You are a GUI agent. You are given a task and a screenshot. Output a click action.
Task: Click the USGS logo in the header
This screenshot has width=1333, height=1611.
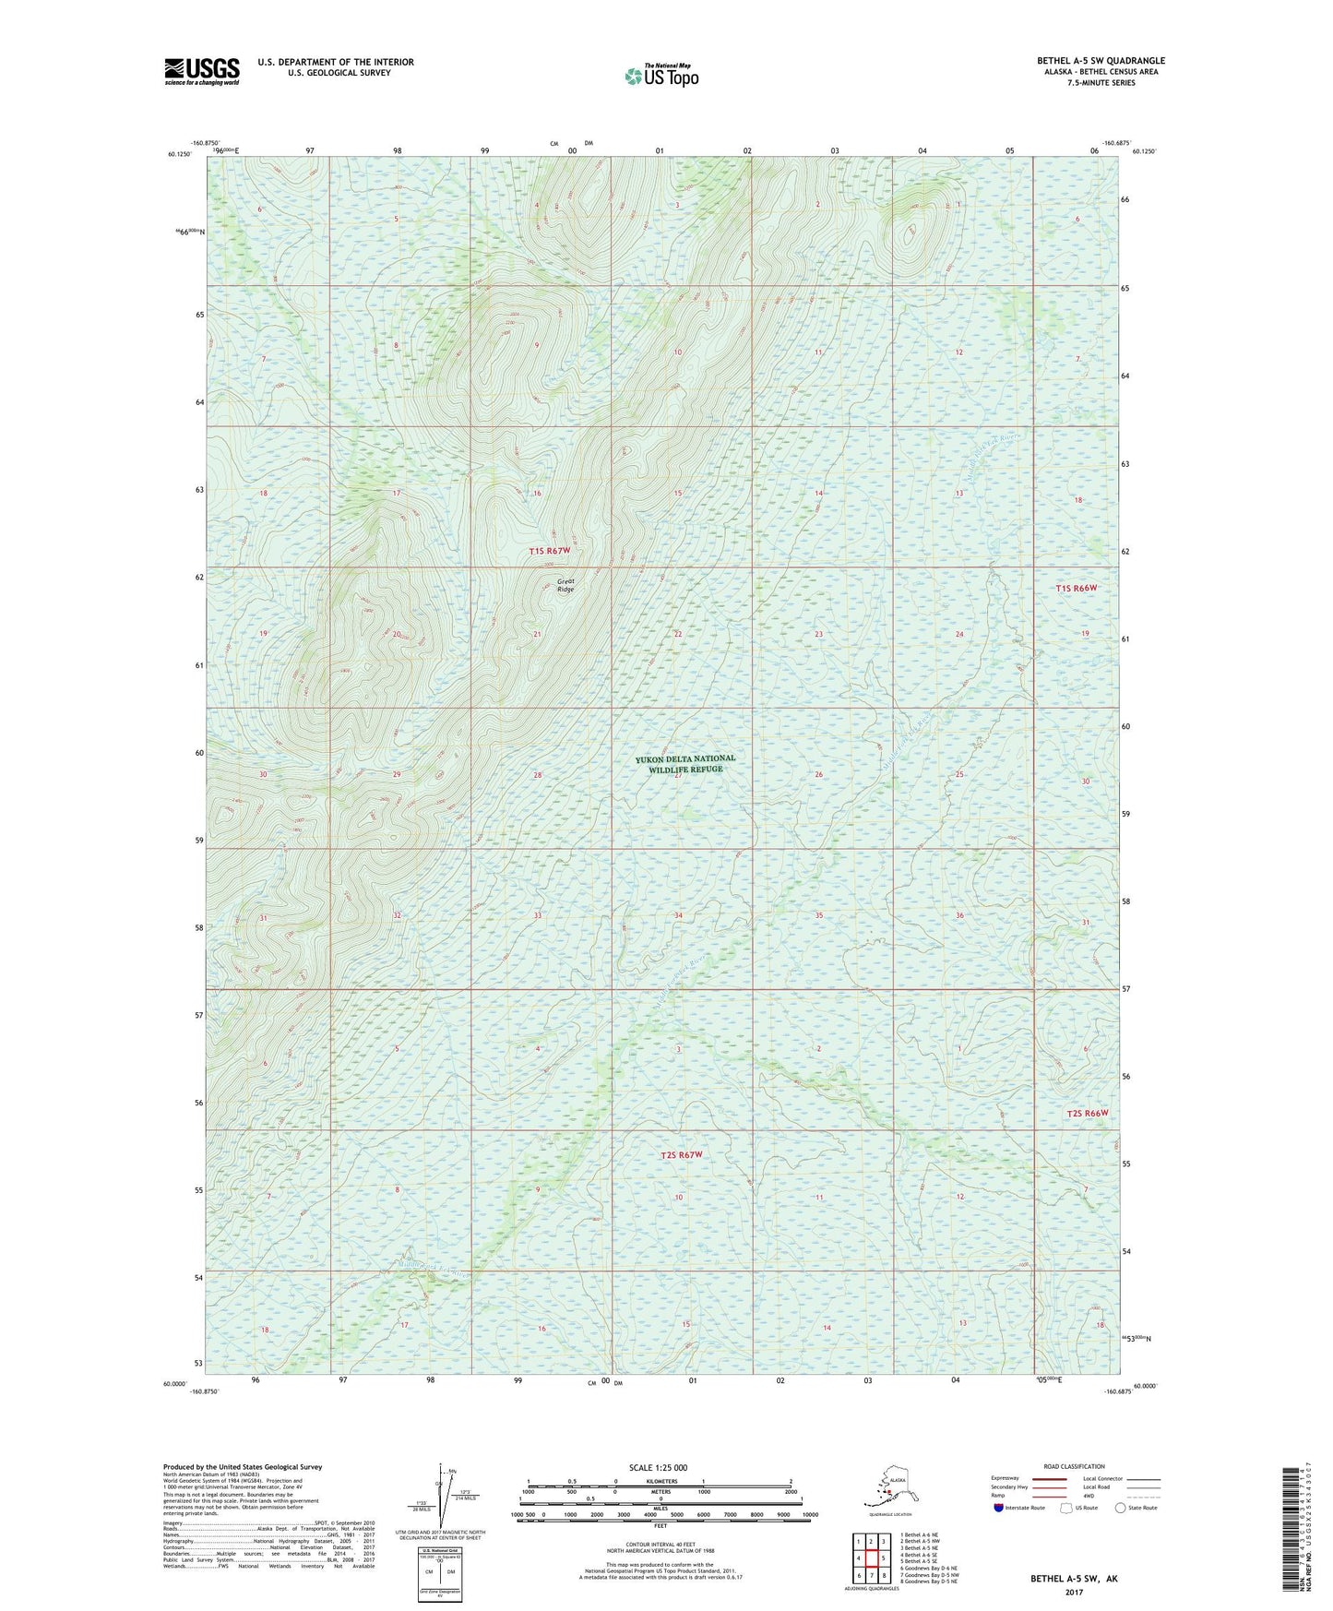[201, 71]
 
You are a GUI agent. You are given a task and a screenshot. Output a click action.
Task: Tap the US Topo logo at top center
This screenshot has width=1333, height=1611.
[661, 76]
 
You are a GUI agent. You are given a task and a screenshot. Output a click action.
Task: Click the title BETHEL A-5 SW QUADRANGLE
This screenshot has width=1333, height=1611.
[1101, 61]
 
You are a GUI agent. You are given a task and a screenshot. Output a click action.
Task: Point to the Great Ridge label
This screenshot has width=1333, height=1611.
[565, 585]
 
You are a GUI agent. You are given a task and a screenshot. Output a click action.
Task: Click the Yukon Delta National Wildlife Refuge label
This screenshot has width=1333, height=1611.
[685, 763]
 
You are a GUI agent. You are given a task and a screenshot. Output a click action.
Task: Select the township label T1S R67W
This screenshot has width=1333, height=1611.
[550, 551]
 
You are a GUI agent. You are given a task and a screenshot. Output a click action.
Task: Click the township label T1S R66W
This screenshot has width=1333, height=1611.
[1077, 588]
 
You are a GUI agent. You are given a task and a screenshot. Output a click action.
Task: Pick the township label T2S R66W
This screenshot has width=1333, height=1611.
[1086, 1113]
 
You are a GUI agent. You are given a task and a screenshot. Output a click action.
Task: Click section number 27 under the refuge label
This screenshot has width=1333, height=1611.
[678, 776]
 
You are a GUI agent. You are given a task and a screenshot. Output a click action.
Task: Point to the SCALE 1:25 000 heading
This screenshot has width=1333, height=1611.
[658, 1467]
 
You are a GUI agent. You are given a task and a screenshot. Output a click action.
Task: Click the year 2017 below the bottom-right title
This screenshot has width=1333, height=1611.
[1074, 1592]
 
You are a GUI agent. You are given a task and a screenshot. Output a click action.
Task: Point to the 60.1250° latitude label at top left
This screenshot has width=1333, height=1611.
[179, 155]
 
